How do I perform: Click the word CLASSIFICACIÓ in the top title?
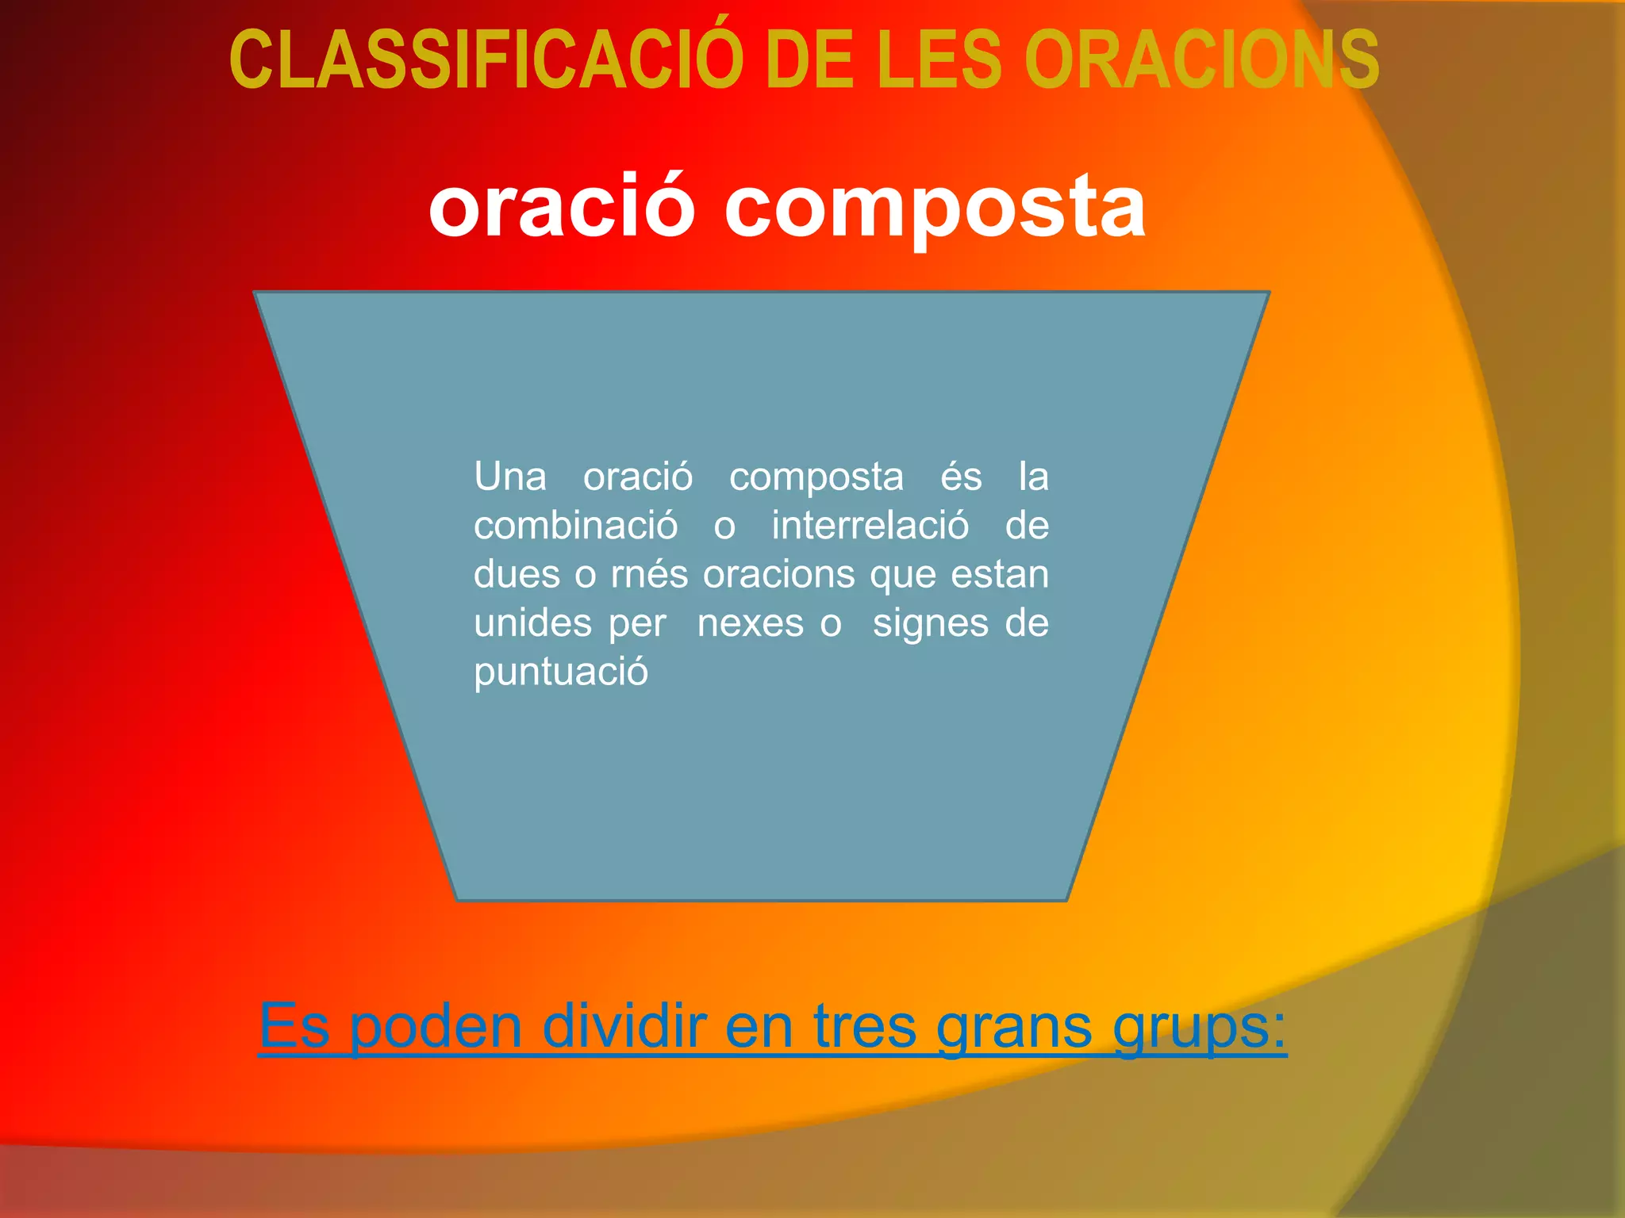486,60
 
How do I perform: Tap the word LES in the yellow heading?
940,60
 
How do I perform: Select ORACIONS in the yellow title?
1201,60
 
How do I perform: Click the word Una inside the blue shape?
510,477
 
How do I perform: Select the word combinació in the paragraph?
576,526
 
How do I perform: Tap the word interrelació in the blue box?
870,526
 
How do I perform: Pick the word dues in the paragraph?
517,574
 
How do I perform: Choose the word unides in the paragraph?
532,623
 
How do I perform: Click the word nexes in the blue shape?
751,624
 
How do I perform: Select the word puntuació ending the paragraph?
561,672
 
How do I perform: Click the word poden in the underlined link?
436,1027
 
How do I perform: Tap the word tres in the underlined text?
865,1027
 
